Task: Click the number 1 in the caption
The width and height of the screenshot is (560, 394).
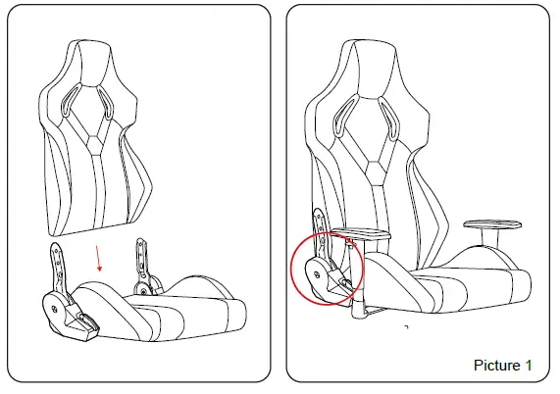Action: tap(529, 366)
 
